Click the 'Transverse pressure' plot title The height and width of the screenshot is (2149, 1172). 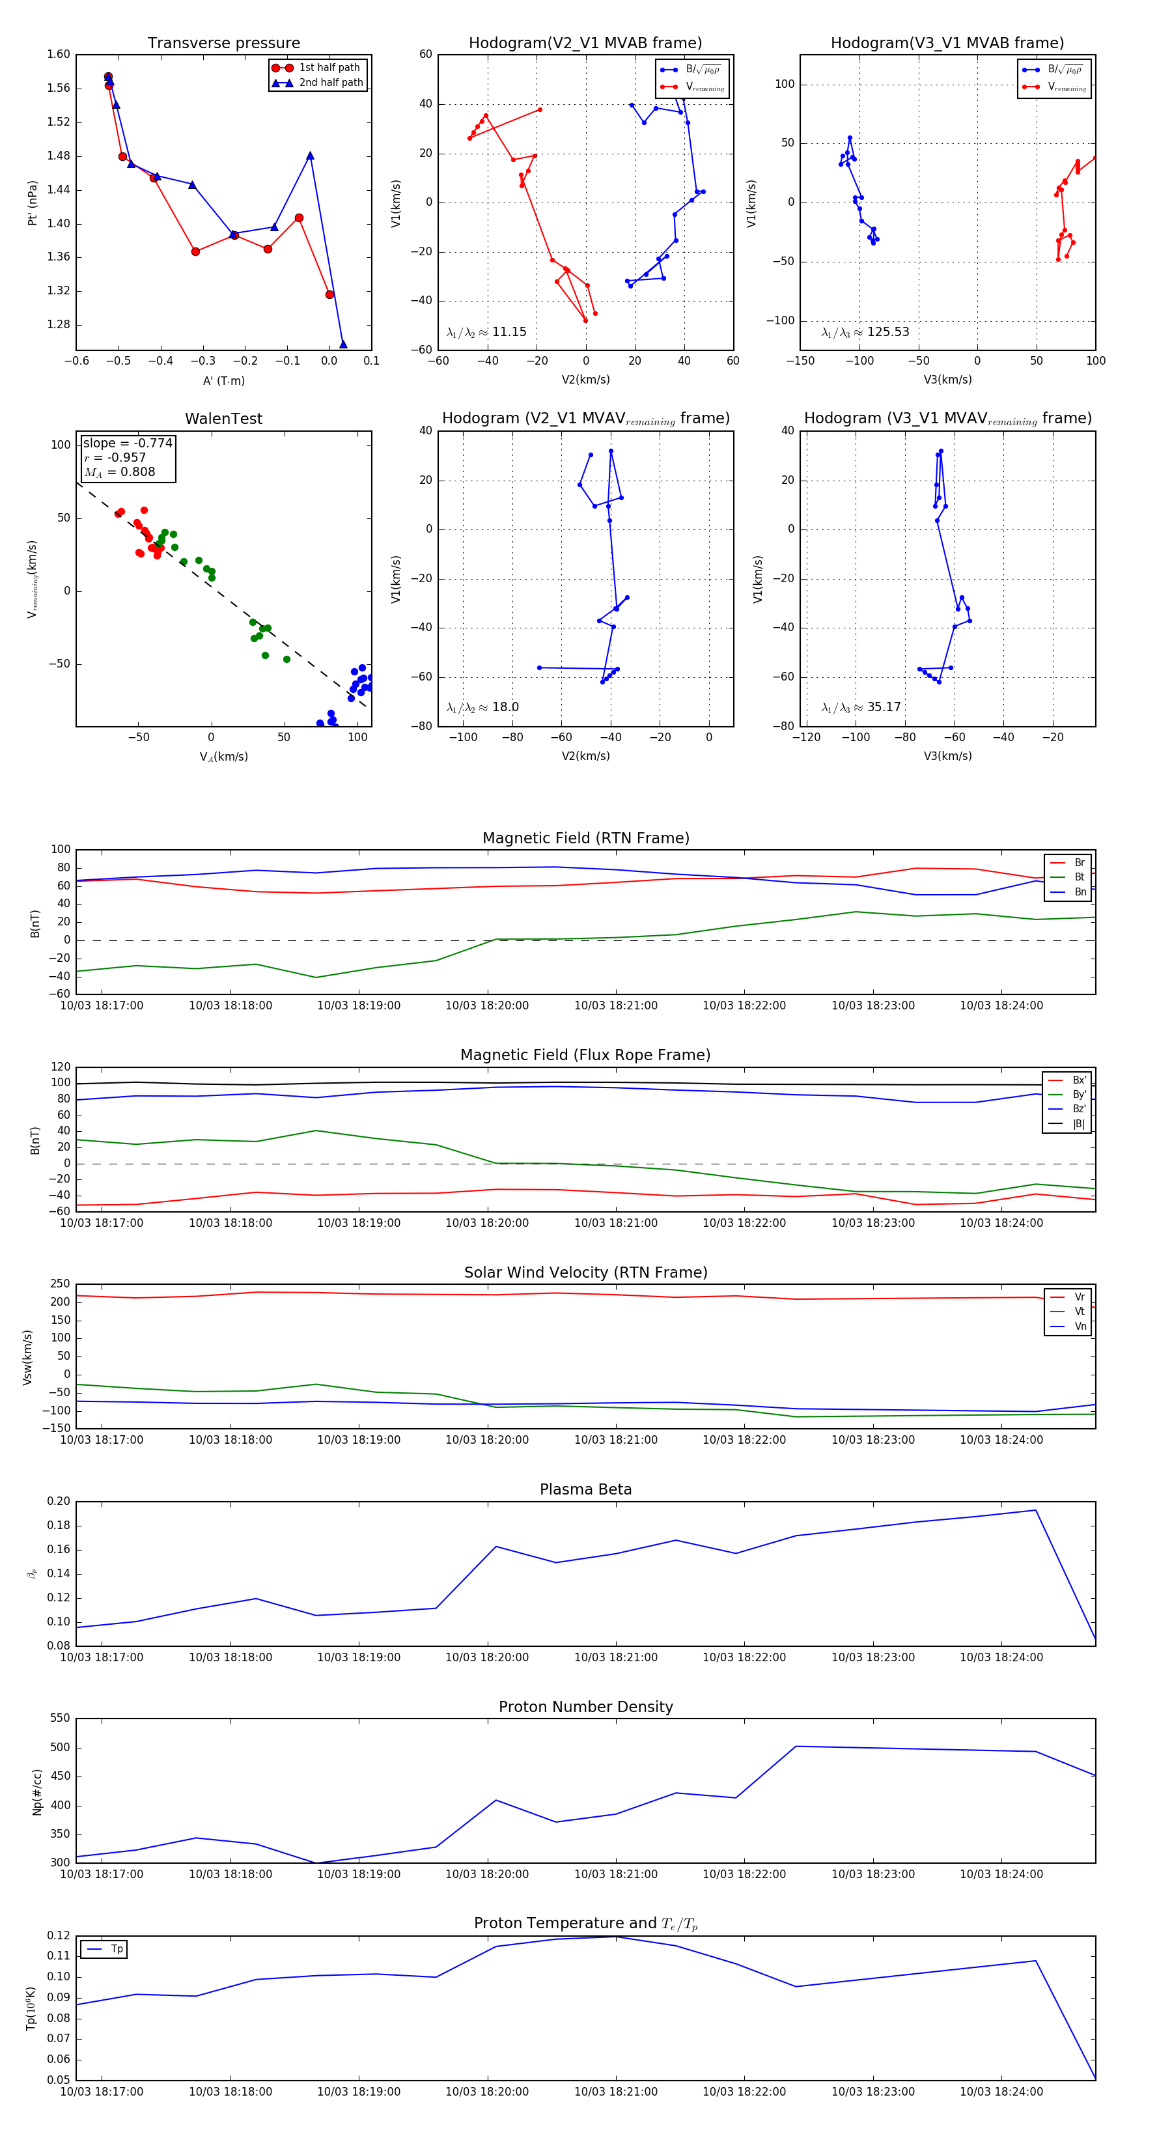tap(223, 44)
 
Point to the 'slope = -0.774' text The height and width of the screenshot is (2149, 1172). tap(128, 443)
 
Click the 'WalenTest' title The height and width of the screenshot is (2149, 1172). tap(223, 419)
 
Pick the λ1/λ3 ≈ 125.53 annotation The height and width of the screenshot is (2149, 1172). tap(865, 332)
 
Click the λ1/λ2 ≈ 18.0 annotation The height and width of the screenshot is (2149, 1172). tap(482, 707)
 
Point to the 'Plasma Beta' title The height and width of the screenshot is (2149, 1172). tap(585, 1489)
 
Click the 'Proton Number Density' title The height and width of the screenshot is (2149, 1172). tap(585, 1707)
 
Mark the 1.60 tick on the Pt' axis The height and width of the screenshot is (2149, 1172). tap(59, 54)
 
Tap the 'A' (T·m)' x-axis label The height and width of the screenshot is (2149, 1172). tap(223, 380)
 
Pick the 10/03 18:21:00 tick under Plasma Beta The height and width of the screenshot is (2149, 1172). tap(615, 1657)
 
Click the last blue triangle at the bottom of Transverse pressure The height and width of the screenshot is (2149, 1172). tap(343, 344)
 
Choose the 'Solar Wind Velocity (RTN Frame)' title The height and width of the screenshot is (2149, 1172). tap(585, 1272)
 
